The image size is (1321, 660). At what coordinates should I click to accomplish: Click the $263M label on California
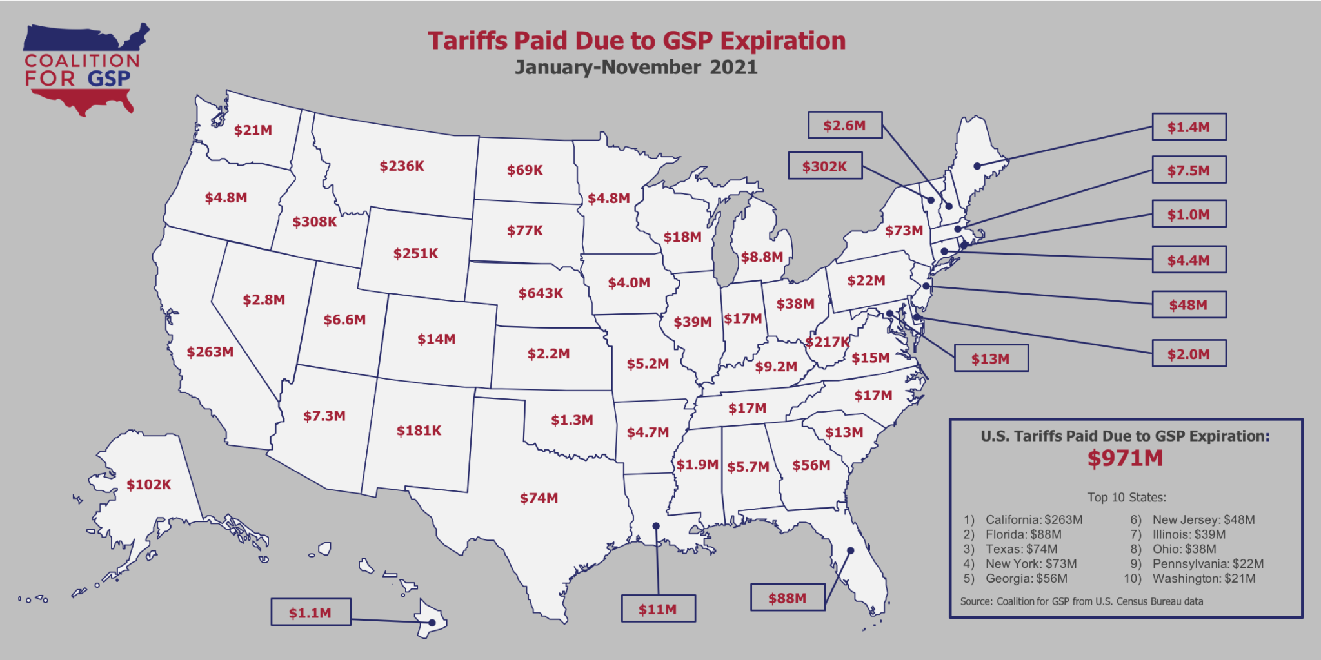[210, 352]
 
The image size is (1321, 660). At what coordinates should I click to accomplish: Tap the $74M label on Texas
[539, 498]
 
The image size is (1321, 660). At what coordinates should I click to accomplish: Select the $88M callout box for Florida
[788, 597]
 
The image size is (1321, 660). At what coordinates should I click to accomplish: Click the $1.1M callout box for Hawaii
[310, 612]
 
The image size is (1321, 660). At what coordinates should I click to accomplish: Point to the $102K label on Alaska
[148, 485]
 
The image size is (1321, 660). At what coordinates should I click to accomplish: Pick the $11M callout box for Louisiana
[658, 608]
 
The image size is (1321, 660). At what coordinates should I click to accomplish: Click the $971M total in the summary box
[1125, 458]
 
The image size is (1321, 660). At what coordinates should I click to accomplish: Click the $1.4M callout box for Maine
[1188, 127]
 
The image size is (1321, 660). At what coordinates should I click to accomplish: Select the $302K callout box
[824, 166]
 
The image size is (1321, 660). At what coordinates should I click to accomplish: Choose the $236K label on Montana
[402, 166]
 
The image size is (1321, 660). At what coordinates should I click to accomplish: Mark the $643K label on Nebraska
[541, 293]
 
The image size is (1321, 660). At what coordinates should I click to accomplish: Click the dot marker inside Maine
[977, 166]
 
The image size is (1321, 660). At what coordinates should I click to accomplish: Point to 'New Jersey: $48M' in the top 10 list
[1203, 519]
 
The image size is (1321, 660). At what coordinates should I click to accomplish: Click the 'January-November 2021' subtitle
[636, 67]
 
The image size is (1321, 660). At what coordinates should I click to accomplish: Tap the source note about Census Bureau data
[1081, 601]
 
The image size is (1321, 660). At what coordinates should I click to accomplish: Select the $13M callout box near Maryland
[991, 358]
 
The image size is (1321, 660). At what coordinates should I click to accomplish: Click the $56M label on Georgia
[811, 465]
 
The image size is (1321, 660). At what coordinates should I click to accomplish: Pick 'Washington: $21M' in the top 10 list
[1204, 578]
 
